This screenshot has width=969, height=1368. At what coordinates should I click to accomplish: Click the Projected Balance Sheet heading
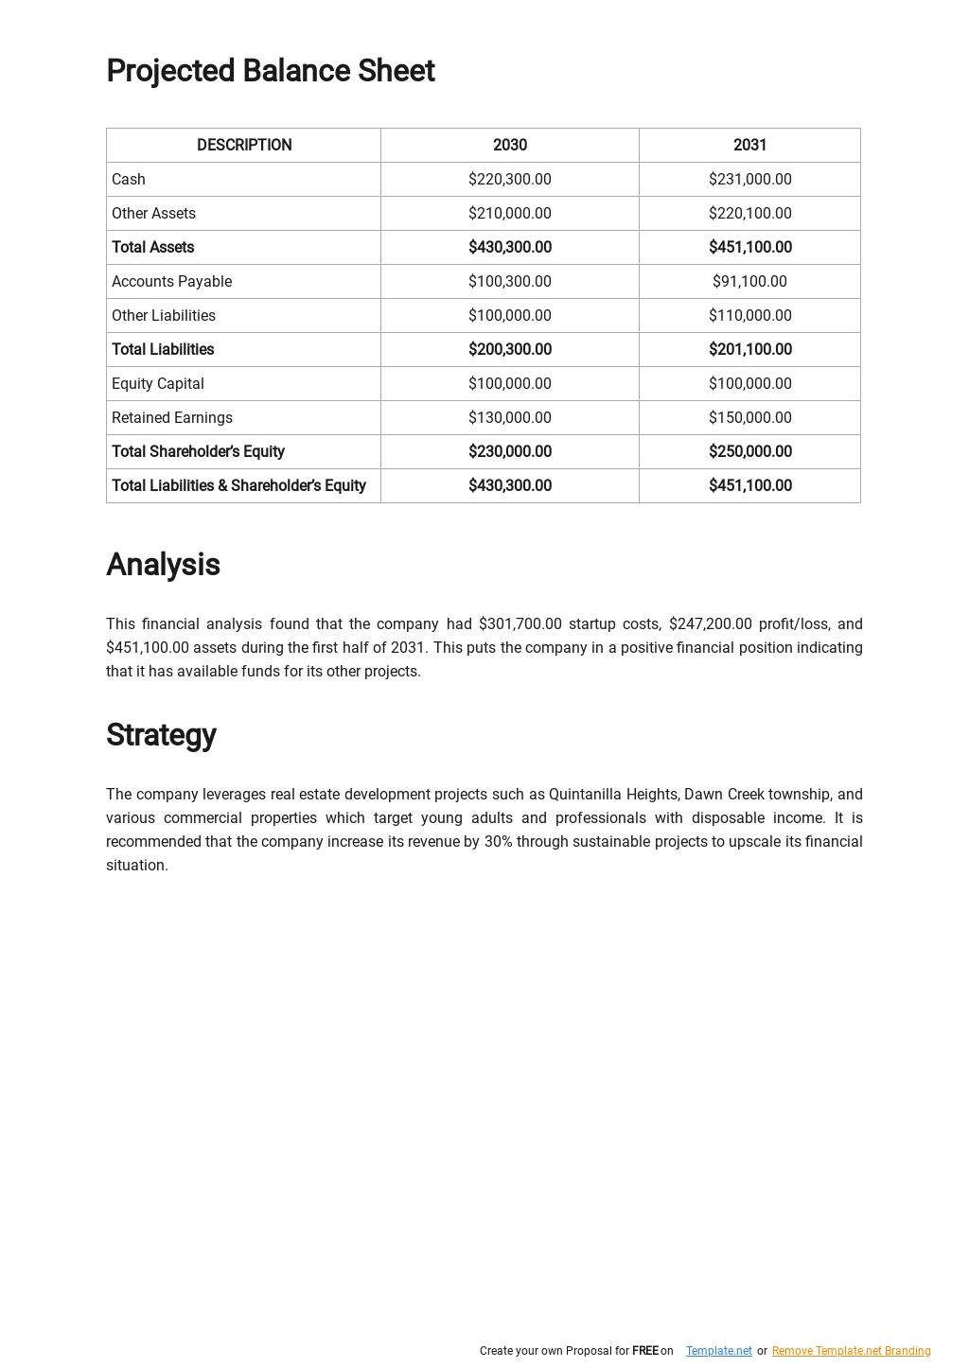[270, 71]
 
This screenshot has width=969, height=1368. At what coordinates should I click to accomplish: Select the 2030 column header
[509, 145]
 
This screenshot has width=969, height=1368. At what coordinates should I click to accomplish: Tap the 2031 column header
[749, 145]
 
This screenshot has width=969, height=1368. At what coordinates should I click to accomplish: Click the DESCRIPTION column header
[244, 145]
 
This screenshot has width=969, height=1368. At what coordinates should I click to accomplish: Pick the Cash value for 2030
[509, 179]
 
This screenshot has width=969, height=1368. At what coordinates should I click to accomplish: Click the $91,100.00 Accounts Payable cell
[749, 281]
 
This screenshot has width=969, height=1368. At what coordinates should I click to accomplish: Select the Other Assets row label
[153, 213]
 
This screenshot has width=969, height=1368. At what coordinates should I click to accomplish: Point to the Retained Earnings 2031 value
[749, 417]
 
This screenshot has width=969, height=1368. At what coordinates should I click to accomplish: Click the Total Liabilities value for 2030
[509, 349]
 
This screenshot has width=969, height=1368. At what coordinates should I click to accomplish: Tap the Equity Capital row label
[158, 383]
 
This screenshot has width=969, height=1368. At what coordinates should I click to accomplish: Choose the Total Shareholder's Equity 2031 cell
[749, 451]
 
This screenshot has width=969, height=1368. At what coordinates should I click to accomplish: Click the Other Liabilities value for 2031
[749, 315]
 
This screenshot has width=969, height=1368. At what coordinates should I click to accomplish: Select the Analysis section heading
[163, 565]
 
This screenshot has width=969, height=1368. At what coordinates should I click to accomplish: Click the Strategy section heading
[161, 735]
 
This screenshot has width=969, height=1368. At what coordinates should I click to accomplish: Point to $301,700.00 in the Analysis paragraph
[520, 623]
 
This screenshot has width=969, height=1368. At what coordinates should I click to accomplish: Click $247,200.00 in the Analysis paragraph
[710, 623]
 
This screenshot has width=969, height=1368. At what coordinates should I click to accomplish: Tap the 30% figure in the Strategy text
[498, 841]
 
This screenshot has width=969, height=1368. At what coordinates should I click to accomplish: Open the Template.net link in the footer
[718, 1351]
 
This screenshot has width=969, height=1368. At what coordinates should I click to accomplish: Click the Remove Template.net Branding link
[851, 1351]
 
